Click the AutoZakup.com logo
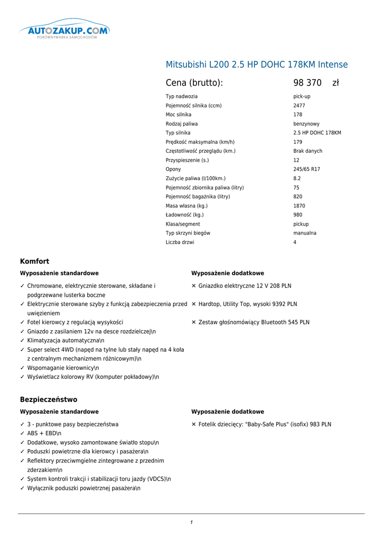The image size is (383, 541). pos(64,31)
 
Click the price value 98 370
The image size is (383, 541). pos(307,83)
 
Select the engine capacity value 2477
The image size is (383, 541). pos(299,106)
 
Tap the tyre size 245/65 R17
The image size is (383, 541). pos(306,169)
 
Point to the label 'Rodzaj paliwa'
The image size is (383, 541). pos(182,124)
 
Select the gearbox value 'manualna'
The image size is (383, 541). pos(305,233)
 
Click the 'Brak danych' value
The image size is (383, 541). pos(307,151)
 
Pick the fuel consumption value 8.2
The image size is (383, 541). pos(297,179)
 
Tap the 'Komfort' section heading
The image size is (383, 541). pos(34,261)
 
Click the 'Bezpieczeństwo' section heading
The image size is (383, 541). pos(49,399)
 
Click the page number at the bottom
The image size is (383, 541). pos(191,523)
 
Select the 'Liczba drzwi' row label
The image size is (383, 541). pos(180,242)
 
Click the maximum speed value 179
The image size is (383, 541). pos(298,142)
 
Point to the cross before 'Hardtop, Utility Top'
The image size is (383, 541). pos(194,304)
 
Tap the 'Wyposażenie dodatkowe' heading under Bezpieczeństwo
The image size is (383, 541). pos(227,412)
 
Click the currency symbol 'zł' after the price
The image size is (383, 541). pos(335,83)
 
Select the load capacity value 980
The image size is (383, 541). pos(298,215)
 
